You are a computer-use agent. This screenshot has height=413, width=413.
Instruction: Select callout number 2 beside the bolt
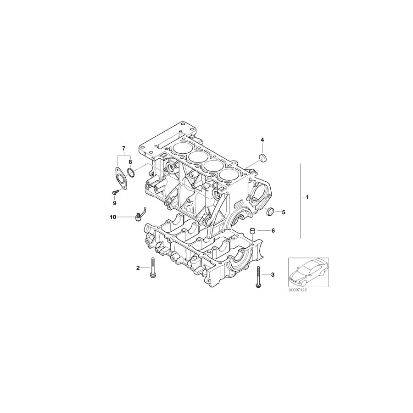138,268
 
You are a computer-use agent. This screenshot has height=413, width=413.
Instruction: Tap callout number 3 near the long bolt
273,275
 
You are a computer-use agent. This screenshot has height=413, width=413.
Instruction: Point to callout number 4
262,140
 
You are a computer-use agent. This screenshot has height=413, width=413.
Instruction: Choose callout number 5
284,212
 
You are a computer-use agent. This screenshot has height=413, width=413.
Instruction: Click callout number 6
273,230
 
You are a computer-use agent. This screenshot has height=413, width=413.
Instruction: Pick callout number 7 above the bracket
123,148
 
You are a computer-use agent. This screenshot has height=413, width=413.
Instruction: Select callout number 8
130,162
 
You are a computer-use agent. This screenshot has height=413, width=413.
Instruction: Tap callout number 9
115,202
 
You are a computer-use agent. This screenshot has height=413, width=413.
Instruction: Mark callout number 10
113,217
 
